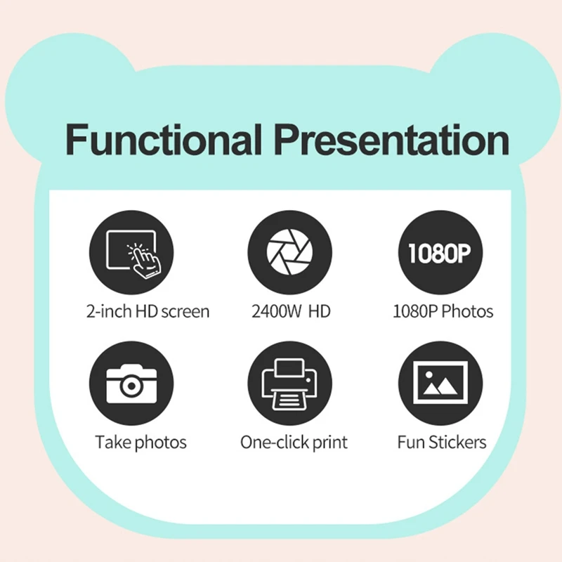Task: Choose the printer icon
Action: coord(289,384)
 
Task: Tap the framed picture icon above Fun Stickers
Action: coord(440,384)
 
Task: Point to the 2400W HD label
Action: coord(291,311)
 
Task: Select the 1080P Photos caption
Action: coord(443,311)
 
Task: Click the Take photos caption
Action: coord(141,443)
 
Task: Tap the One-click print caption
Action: coord(294,443)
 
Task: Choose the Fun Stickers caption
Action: coord(442,443)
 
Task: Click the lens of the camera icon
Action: coord(131,385)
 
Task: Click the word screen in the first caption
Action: coord(185,311)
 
